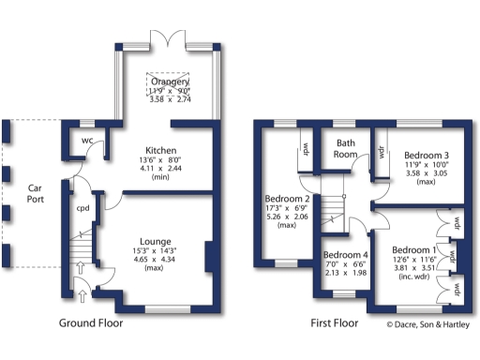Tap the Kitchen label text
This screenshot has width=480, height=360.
(161, 149)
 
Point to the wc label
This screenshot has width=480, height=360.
(86, 141)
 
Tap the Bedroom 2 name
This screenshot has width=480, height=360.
(287, 200)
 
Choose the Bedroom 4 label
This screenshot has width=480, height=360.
(345, 255)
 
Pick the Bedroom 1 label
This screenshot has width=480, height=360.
(414, 250)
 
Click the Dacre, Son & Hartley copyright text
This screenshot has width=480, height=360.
(427, 325)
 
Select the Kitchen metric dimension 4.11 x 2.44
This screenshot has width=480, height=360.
(161, 170)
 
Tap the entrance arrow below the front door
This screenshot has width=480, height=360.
(82, 296)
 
